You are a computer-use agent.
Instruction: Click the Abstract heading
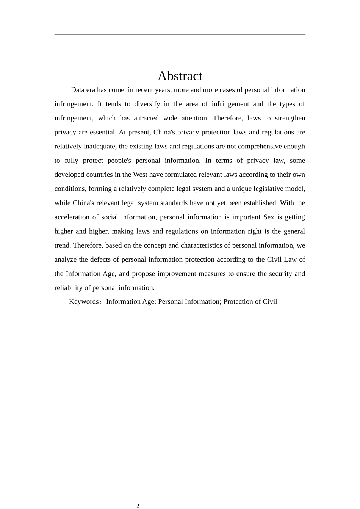(x=180, y=76)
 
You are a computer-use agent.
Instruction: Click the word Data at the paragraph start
(x=77, y=90)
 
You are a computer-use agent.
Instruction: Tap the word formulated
(x=181, y=175)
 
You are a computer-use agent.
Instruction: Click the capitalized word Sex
(x=269, y=217)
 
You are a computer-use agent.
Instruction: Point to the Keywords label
(x=84, y=302)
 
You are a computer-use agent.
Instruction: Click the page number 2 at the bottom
(x=138, y=506)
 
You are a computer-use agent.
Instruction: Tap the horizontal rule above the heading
(x=180, y=34)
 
